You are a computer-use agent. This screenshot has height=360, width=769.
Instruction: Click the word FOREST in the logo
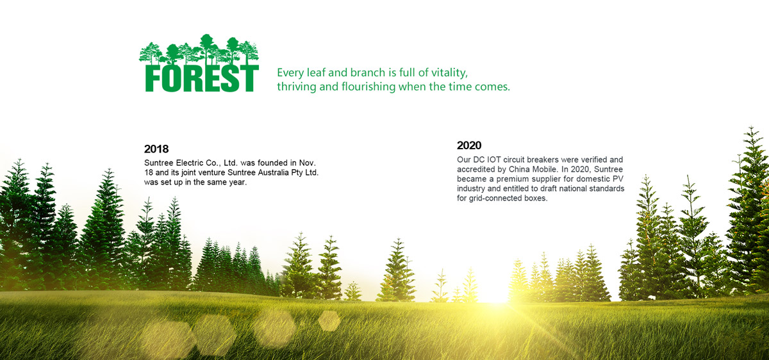[x=201, y=78]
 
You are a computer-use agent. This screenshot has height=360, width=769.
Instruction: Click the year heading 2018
[x=156, y=149]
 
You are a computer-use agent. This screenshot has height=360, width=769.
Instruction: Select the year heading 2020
[x=469, y=145]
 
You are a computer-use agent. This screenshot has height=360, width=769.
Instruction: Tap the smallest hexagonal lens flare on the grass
[x=329, y=321]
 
